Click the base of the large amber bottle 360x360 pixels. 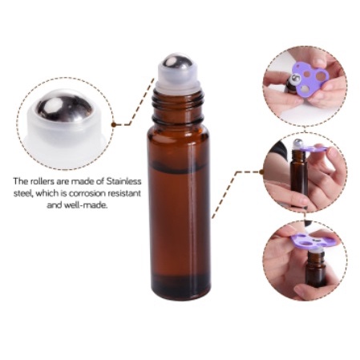(179, 290)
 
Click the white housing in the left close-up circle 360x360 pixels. (66, 128)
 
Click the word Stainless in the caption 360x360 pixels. (123, 181)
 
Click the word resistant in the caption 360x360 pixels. (124, 193)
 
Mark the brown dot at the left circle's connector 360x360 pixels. (114, 124)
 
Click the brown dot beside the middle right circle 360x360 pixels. (262, 172)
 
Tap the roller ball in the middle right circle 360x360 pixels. (297, 143)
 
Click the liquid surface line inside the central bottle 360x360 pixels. (179, 166)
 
